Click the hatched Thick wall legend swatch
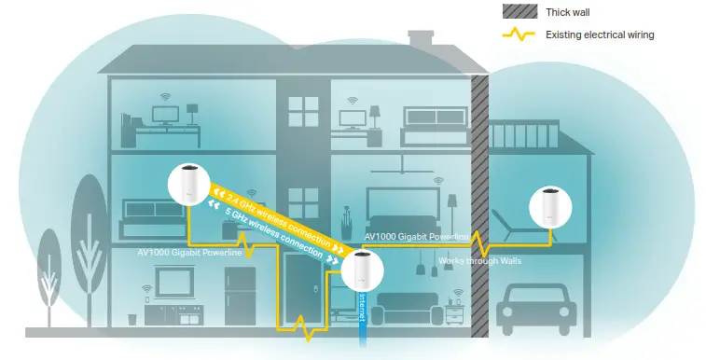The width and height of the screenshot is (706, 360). [514, 11]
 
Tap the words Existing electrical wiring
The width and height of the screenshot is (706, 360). [599, 35]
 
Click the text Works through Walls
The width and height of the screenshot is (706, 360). [479, 260]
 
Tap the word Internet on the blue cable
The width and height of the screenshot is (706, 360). [363, 308]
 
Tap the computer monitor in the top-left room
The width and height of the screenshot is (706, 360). [167, 115]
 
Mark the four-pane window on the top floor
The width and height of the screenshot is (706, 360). [303, 113]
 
